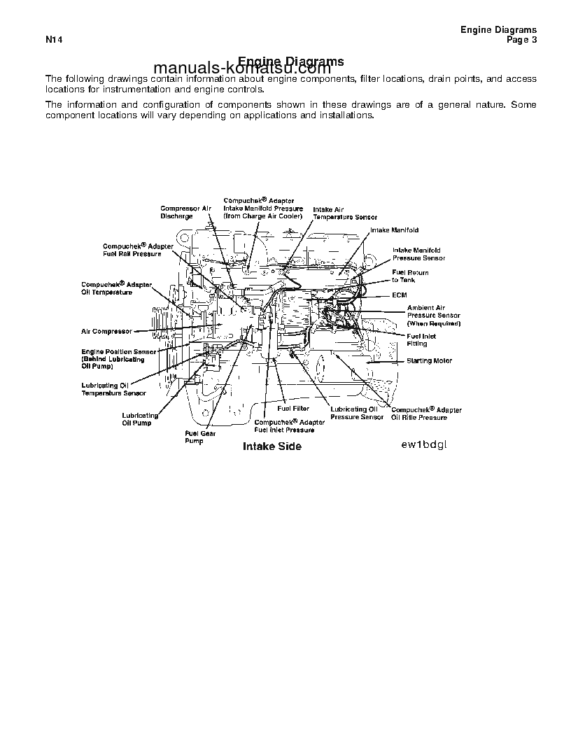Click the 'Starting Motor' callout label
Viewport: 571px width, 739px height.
pos(429,361)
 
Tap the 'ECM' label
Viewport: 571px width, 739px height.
pos(399,295)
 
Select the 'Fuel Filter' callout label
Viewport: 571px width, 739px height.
pos(293,408)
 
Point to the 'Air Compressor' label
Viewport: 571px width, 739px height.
pos(106,332)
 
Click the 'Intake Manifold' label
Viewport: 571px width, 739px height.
pos(394,230)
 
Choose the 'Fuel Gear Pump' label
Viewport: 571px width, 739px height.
pos(199,437)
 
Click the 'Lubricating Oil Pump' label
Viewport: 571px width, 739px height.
pos(140,419)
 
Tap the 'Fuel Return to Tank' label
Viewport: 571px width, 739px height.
pos(410,276)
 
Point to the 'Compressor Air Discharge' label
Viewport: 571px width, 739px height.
pos(185,212)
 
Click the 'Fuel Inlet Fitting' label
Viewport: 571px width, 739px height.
pos(421,340)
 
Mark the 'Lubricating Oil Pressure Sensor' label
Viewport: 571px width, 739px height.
pos(357,413)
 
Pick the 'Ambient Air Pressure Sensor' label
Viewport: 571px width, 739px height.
pos(434,316)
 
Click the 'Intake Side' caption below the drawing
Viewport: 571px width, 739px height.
pos(272,446)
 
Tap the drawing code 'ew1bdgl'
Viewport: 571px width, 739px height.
pos(423,444)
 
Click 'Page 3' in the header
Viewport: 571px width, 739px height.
pos(521,40)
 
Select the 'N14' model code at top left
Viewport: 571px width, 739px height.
pos(55,40)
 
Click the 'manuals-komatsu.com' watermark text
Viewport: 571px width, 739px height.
pos(241,69)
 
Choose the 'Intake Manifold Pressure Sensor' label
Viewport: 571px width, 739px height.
pos(418,254)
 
